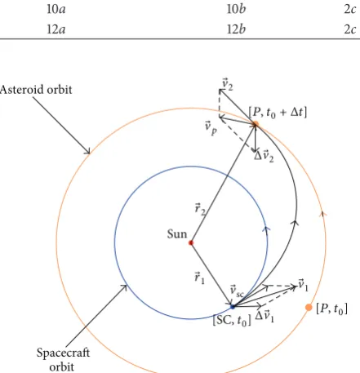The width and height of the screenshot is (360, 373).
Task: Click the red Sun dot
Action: [x=191, y=242]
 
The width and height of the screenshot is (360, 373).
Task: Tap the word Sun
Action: [x=177, y=234]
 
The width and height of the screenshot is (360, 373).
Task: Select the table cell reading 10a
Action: [x=56, y=9]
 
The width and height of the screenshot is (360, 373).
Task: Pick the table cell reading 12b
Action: [x=236, y=29]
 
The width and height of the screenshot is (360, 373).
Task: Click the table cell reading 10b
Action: [x=236, y=9]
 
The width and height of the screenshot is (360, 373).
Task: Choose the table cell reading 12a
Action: [x=56, y=29]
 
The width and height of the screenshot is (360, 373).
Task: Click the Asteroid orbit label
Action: [x=36, y=90]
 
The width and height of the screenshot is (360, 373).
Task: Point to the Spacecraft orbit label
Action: [x=63, y=359]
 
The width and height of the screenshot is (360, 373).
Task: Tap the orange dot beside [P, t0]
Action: [x=309, y=308]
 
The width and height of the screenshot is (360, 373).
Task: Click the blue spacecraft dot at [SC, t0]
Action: [x=233, y=307]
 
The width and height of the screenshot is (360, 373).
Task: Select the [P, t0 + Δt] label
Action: [x=278, y=112]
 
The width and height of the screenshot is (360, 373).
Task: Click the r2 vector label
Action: [x=200, y=209]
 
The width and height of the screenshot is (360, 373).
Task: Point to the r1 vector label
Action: [x=199, y=278]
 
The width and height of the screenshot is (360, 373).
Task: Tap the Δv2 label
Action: [x=264, y=157]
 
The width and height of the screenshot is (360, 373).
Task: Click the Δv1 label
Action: [x=264, y=317]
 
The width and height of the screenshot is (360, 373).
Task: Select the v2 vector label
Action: [x=228, y=84]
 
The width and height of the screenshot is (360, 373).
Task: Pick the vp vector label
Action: [x=211, y=128]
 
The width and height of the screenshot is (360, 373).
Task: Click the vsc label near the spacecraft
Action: [x=237, y=291]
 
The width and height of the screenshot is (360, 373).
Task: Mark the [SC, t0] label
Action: [x=232, y=321]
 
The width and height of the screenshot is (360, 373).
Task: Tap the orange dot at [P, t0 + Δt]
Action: [x=256, y=124]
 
